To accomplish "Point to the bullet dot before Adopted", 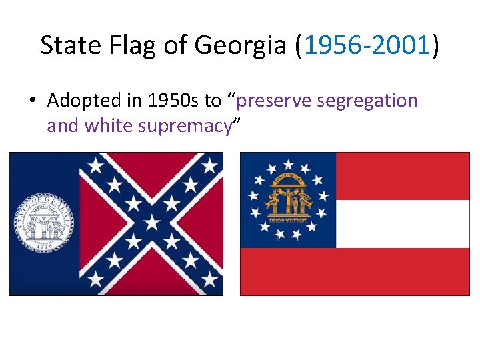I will click(32, 101).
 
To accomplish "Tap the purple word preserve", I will click(273, 101).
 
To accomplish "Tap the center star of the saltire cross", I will click(152, 223).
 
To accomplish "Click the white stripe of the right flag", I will click(403, 223).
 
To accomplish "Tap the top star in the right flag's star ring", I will click(288, 163).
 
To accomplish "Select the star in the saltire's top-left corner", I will click(95, 164).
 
